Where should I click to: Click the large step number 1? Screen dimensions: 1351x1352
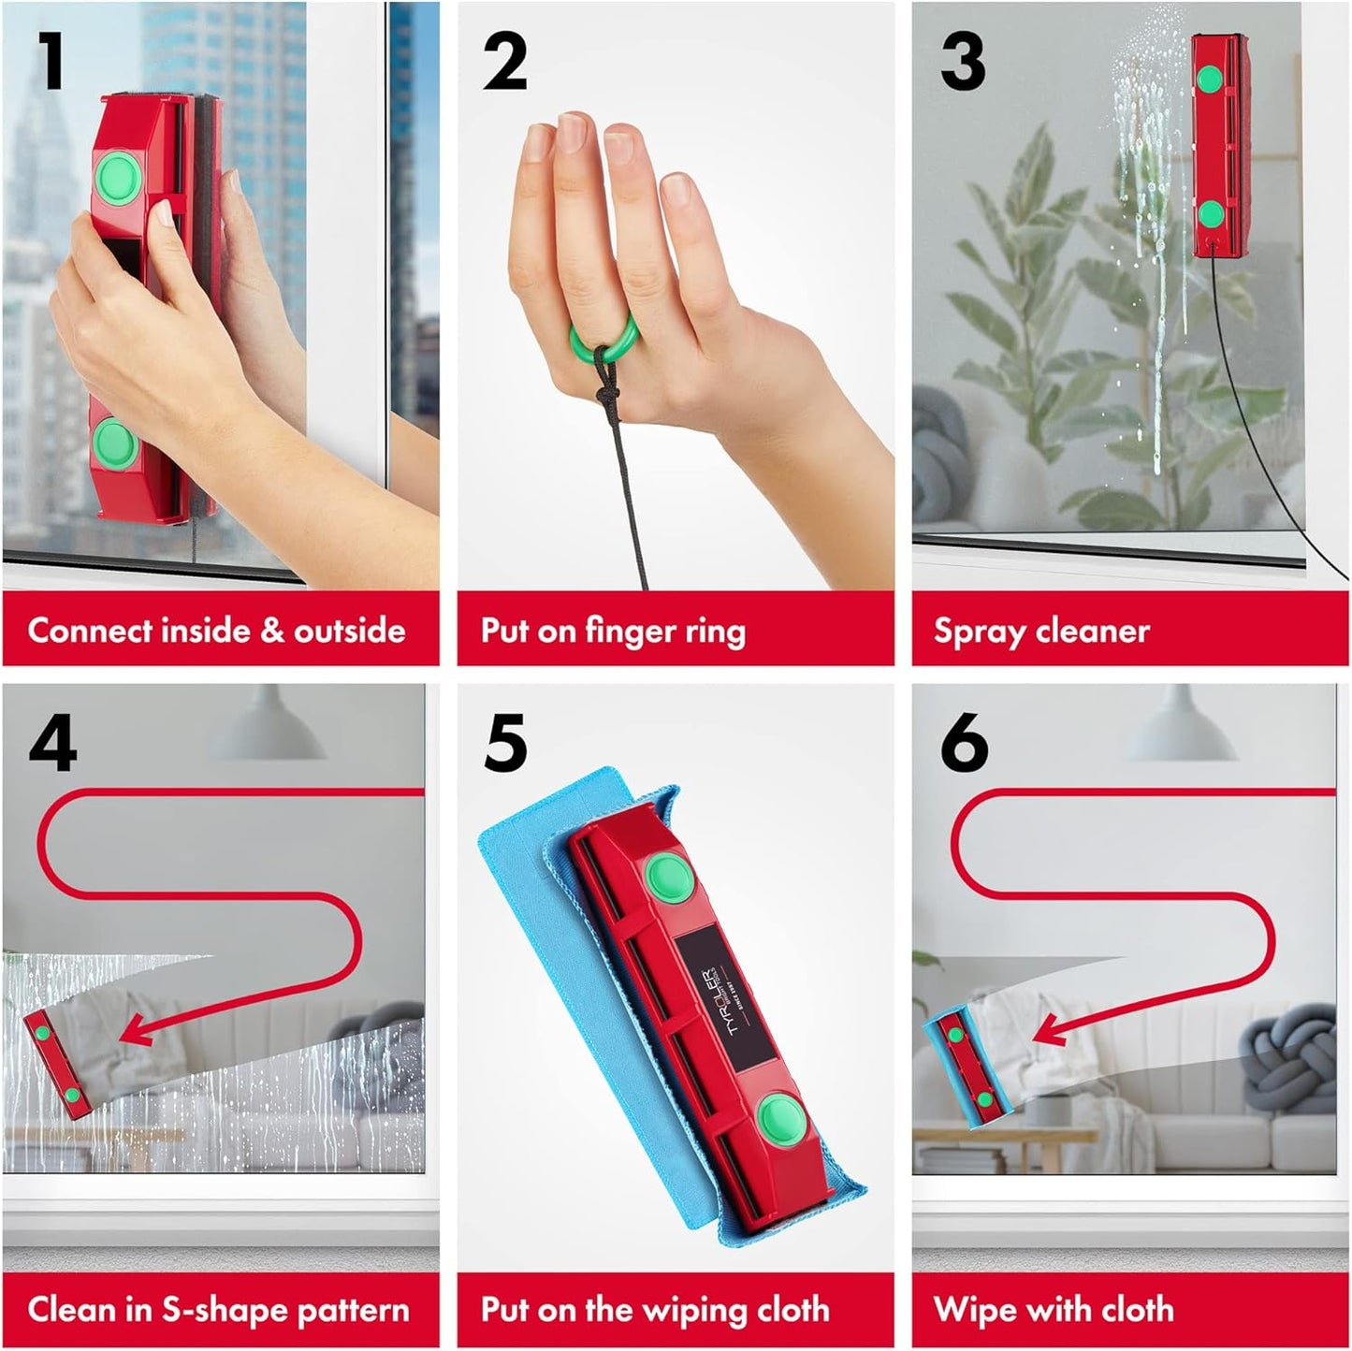click(x=51, y=62)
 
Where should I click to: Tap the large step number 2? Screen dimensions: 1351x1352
click(x=505, y=62)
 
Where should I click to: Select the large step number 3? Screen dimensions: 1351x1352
click(x=963, y=62)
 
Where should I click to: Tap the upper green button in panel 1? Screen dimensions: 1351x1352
click(x=119, y=176)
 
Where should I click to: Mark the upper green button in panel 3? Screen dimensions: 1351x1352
click(x=1211, y=79)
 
